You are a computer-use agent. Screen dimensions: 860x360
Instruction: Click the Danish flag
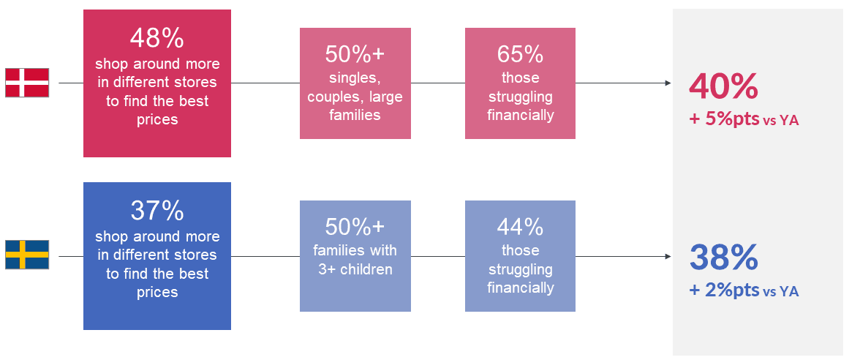(27, 83)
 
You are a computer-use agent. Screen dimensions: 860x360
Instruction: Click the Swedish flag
(27, 255)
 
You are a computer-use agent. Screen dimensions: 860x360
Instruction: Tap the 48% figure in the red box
(156, 38)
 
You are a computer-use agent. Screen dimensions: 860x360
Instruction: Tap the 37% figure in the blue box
(156, 211)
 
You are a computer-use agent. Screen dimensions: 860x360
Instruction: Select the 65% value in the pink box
(520, 54)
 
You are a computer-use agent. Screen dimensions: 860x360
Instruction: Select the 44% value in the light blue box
(520, 227)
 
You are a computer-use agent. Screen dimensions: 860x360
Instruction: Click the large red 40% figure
(723, 86)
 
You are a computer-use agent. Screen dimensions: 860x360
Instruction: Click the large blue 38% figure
(723, 258)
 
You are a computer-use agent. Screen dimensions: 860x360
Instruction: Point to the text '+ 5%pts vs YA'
(744, 120)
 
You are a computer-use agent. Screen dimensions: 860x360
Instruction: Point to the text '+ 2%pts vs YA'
(744, 291)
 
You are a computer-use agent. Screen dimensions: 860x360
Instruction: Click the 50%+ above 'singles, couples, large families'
(355, 54)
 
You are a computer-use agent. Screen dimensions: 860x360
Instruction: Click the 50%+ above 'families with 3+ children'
(355, 227)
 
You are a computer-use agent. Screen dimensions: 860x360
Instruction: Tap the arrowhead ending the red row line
(668, 83)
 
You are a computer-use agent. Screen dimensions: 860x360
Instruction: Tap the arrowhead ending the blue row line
(668, 256)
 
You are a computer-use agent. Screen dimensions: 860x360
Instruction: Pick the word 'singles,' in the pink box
(355, 78)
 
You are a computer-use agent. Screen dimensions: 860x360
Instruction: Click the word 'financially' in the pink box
(521, 116)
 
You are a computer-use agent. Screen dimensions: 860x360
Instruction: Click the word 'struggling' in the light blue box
(521, 270)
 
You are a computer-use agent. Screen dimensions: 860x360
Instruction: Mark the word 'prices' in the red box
(157, 120)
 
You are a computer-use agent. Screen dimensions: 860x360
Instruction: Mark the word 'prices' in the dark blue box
(157, 293)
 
